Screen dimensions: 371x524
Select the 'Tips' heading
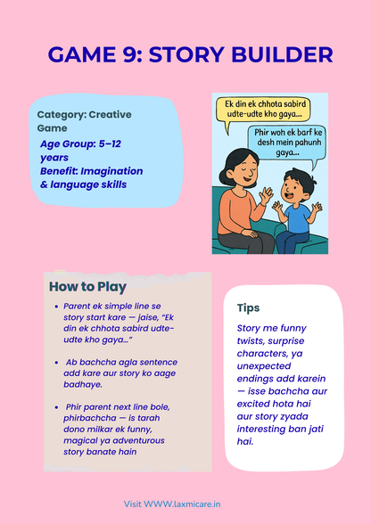[248, 307]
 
